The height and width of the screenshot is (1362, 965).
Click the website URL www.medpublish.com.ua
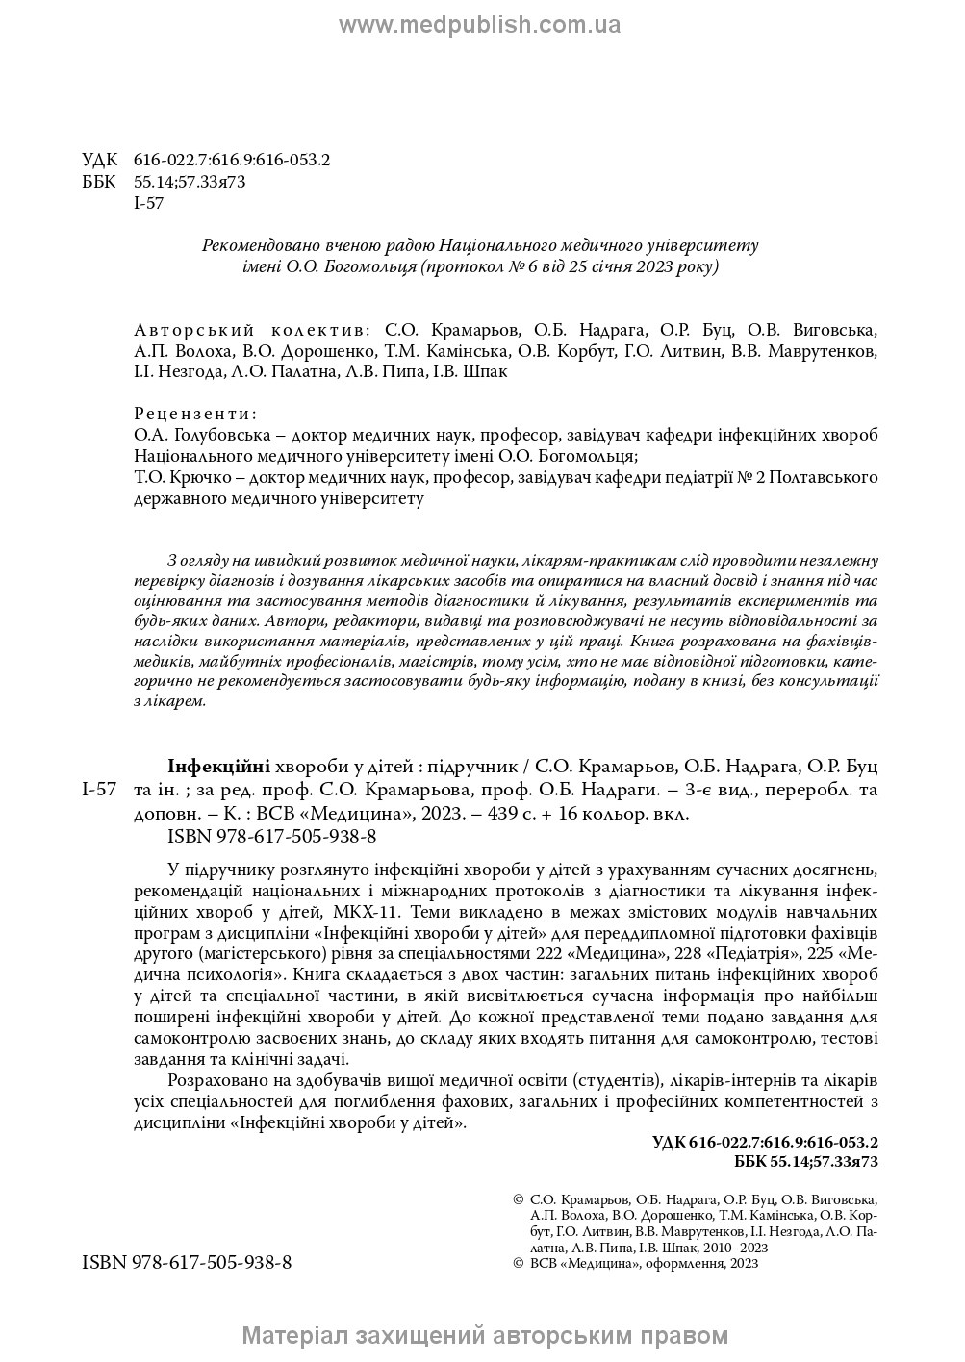[480, 25]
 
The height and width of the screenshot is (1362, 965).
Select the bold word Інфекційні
[218, 767]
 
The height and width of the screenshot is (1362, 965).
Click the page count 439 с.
[551, 813]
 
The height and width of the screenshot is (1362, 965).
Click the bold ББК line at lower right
[806, 1162]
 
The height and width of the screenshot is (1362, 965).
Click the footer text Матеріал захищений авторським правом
[485, 1336]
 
